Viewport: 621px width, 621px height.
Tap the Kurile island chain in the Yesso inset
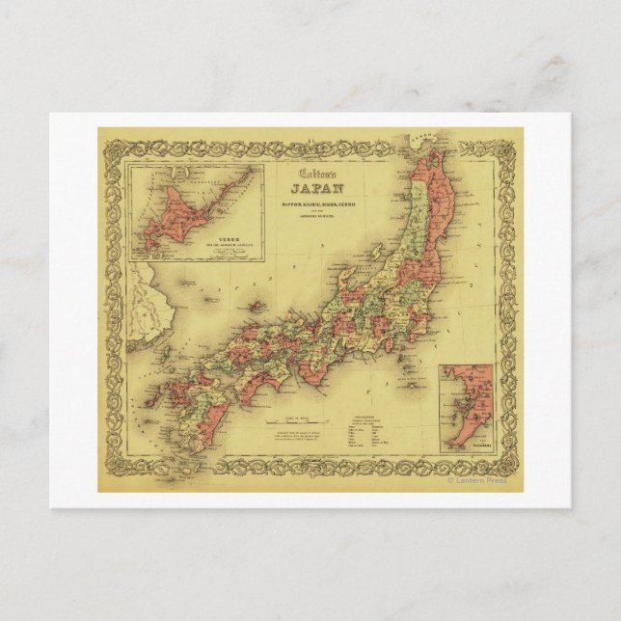pos(227,179)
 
